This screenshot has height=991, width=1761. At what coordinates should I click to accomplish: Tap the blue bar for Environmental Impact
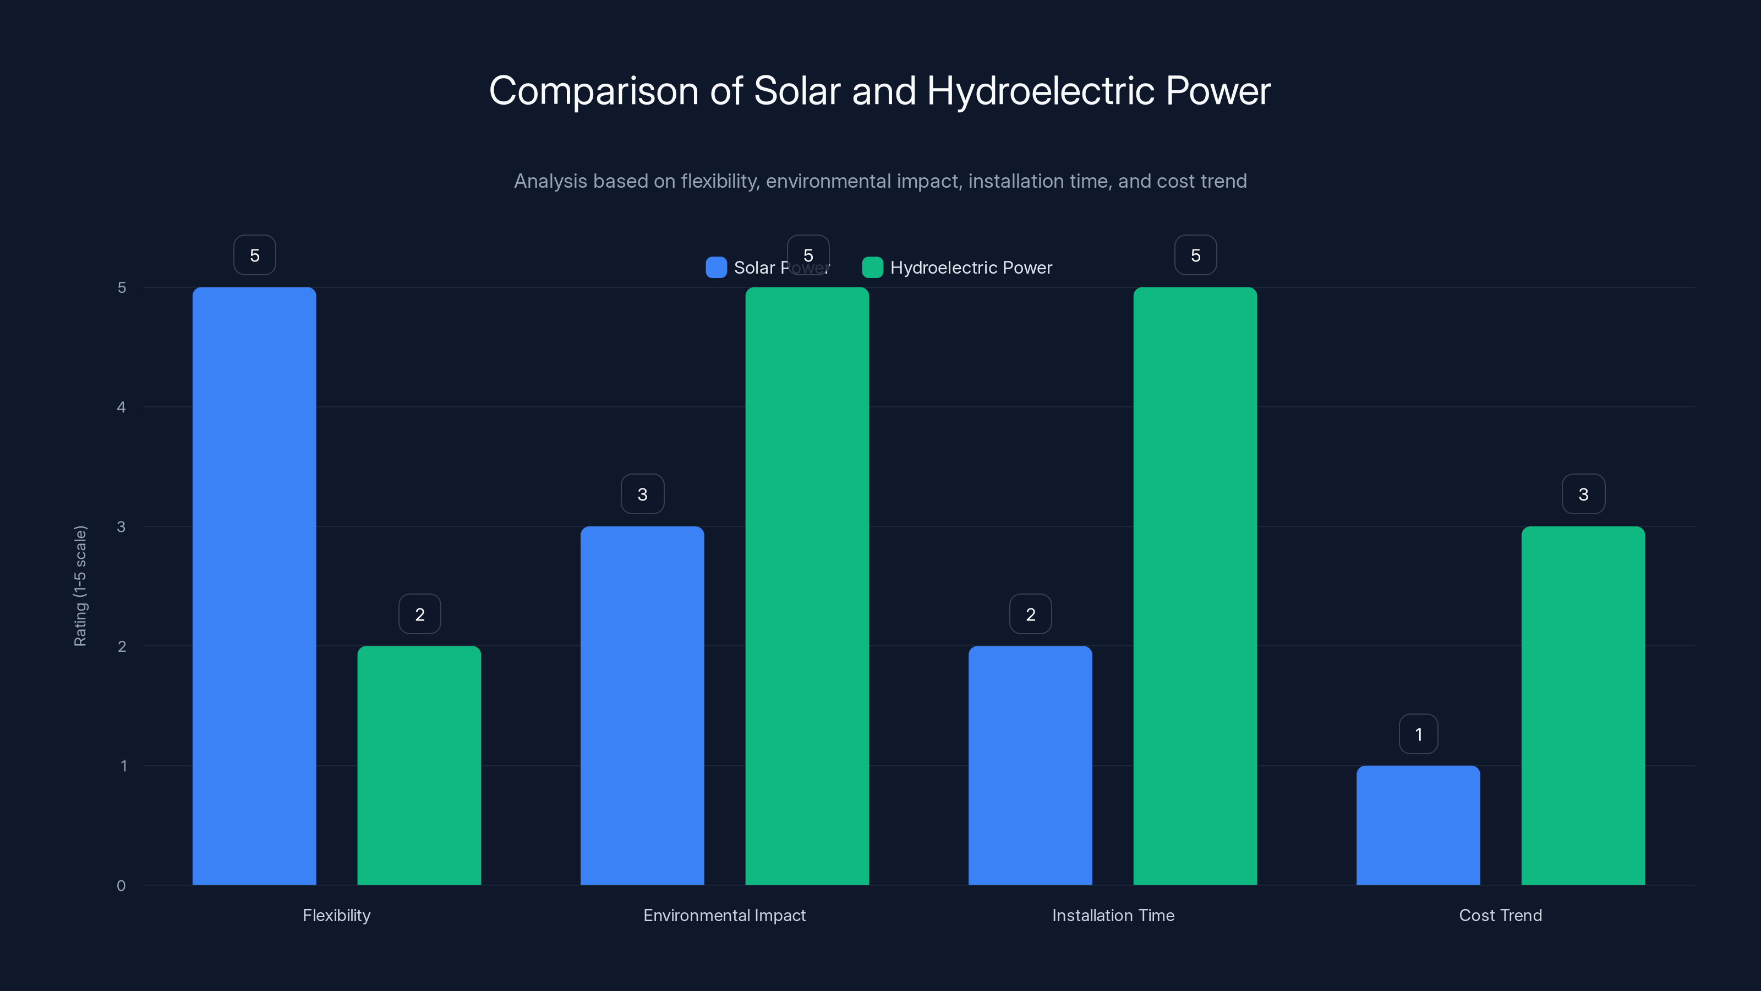click(642, 705)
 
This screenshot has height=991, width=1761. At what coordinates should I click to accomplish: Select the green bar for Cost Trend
click(1583, 705)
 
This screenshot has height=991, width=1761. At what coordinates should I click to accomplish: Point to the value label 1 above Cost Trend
click(1418, 734)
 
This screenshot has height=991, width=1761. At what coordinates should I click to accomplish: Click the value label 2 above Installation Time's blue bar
click(1030, 614)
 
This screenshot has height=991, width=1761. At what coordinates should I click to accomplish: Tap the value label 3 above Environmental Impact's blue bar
click(642, 494)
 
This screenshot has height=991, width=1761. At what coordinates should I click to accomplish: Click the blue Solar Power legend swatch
click(716, 268)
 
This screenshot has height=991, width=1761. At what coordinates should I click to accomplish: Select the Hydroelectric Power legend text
click(971, 268)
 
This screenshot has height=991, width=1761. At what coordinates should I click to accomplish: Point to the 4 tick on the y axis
click(122, 407)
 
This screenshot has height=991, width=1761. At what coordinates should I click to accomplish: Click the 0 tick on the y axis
click(122, 886)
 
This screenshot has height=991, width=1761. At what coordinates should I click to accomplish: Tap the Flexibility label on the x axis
click(336, 915)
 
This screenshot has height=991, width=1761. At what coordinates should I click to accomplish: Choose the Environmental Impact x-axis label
click(725, 915)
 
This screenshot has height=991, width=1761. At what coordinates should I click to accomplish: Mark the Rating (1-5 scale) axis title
click(81, 585)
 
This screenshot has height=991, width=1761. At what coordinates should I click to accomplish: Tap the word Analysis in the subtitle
click(550, 181)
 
